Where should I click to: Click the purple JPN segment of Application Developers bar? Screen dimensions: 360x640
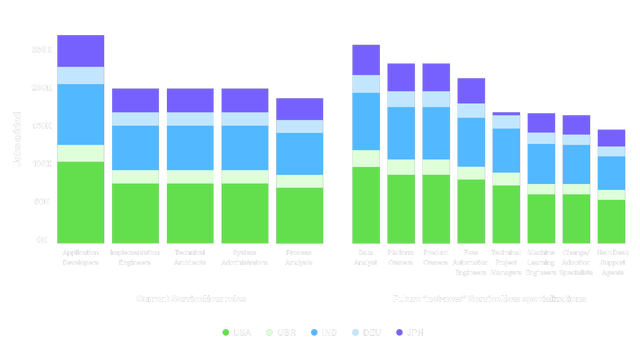tap(81, 51)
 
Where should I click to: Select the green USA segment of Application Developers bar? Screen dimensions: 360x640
tap(81, 200)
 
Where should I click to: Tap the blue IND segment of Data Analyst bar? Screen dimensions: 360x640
tap(365, 121)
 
